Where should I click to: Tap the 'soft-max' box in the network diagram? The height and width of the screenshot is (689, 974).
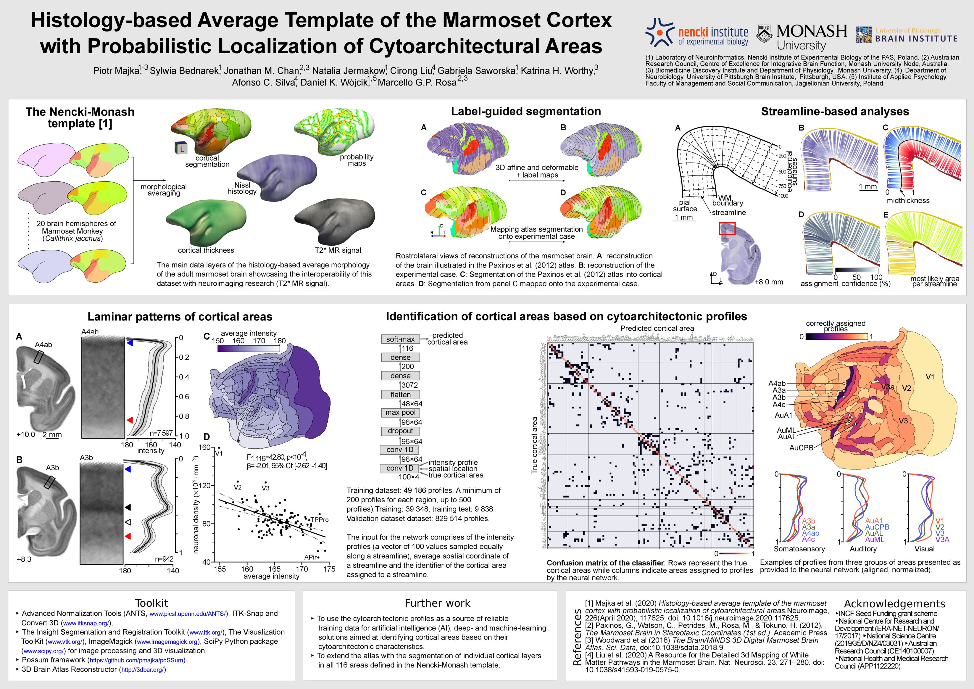coord(400,339)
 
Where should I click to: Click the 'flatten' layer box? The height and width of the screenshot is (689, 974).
coord(400,395)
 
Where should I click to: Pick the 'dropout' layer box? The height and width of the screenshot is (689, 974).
coord(400,431)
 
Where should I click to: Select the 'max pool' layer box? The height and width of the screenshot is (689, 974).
coord(400,412)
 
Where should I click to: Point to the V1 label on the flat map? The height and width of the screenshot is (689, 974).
coord(929,377)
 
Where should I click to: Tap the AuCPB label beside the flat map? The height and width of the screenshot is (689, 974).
coord(801,447)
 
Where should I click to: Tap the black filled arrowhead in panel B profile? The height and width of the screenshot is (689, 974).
coord(128,507)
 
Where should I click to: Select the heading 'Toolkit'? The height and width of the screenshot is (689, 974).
coord(151,603)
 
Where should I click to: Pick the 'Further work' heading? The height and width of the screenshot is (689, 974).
coord(437,603)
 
